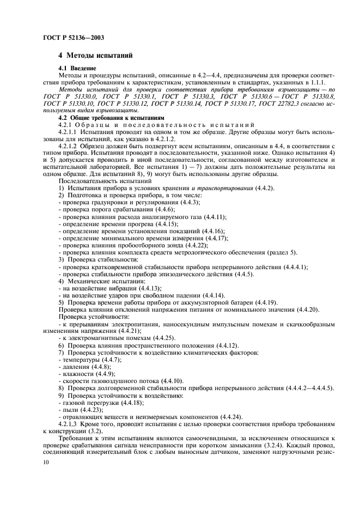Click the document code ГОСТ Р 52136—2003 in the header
pos(74,38)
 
